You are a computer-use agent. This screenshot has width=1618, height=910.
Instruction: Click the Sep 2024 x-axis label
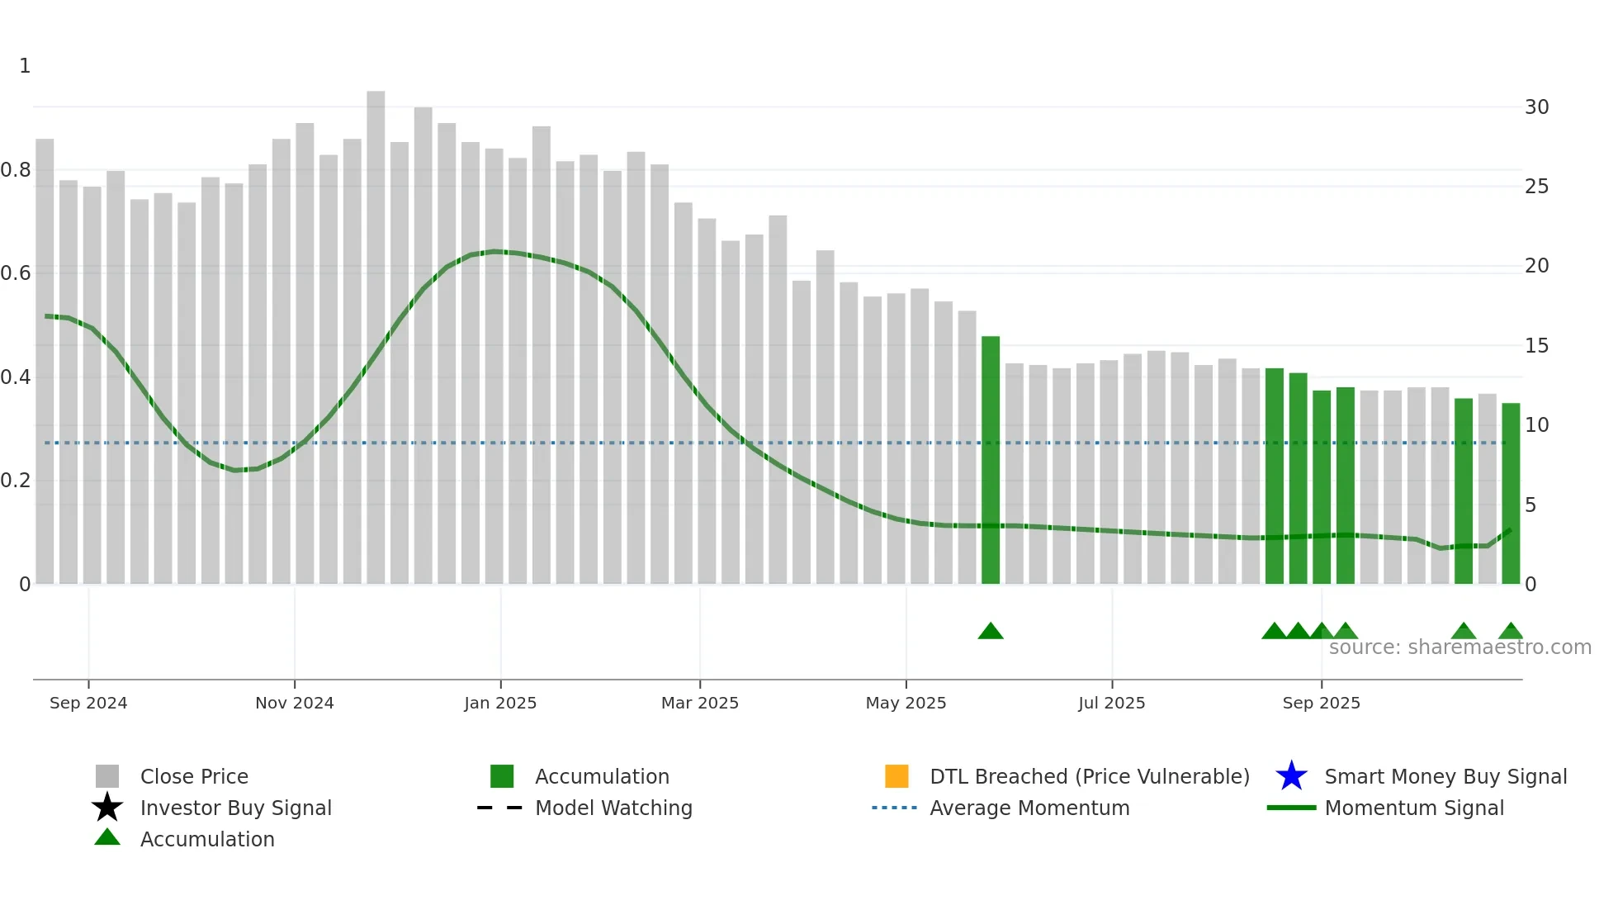pyautogui.click(x=88, y=703)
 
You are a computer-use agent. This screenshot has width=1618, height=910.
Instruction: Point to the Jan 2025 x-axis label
pyautogui.click(x=500, y=703)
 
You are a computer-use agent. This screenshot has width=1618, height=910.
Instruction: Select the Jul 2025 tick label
pyautogui.click(x=1111, y=703)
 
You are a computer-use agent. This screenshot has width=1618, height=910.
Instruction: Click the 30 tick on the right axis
pyautogui.click(x=1536, y=107)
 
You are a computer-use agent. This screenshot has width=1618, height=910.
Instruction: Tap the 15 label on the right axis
pyautogui.click(x=1536, y=346)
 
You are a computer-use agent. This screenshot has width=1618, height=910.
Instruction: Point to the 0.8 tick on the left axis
pyautogui.click(x=16, y=170)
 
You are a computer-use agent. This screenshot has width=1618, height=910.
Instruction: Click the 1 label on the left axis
pyautogui.click(x=25, y=66)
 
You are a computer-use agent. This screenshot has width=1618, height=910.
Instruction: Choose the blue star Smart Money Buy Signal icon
pyautogui.click(x=1291, y=776)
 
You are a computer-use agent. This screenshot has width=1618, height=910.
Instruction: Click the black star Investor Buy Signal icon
pyautogui.click(x=107, y=808)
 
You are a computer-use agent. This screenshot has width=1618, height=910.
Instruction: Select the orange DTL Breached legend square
pyautogui.click(x=897, y=776)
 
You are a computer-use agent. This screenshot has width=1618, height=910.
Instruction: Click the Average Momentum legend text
pyautogui.click(x=1029, y=808)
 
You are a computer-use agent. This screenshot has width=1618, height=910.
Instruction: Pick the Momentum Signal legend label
pyautogui.click(x=1414, y=808)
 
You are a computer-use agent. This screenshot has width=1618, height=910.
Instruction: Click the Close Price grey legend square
pyautogui.click(x=107, y=776)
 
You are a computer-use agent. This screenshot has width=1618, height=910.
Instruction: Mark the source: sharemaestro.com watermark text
pyautogui.click(x=1460, y=647)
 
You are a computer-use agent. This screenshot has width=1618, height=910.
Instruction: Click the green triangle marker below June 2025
pyautogui.click(x=991, y=632)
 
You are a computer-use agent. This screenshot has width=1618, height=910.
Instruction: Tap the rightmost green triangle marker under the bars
pyautogui.click(x=1511, y=632)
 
